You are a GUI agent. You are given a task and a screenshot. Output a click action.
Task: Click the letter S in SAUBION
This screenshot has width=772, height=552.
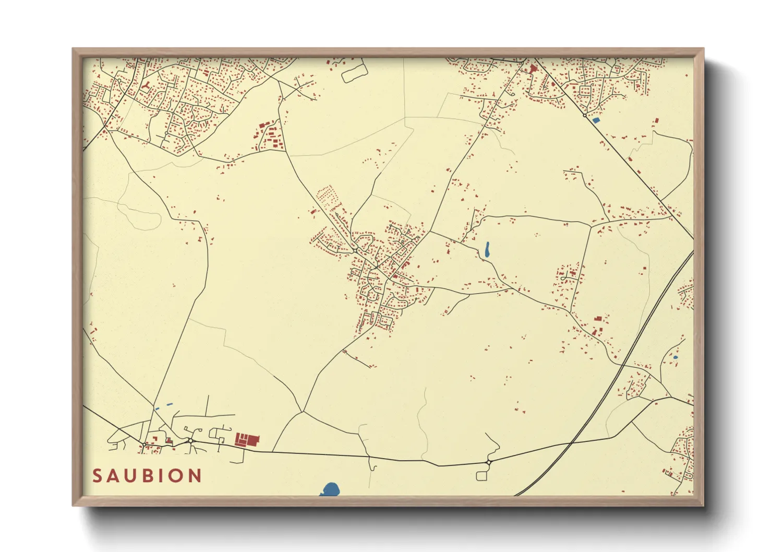pos(98,476)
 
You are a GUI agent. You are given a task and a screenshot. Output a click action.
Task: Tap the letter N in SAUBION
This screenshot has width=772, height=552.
pos(195,476)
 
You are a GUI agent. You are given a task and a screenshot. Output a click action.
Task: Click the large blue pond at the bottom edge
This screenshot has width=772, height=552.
pos(330,490)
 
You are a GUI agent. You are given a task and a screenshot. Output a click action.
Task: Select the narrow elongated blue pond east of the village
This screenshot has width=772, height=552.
pos(487,249)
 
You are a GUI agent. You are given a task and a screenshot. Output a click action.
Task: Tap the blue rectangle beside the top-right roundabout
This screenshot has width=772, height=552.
pos(596,120)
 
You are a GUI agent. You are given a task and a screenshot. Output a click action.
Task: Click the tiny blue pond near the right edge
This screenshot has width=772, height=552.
pos(675,357)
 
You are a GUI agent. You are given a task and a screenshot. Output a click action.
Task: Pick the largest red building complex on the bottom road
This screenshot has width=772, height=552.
pos(247,439)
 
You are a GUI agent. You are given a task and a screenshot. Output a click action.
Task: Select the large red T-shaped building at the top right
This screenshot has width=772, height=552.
pos(533,68)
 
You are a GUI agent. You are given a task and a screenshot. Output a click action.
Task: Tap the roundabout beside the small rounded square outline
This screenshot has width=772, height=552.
pos(488,462)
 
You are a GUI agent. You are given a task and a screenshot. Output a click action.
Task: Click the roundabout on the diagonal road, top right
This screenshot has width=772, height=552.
pos(585,115)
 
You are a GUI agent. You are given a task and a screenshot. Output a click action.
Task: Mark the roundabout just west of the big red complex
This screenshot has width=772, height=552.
pos(191,441)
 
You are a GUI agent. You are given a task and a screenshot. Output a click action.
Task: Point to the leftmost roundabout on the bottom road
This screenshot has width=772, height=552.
pos(144,444)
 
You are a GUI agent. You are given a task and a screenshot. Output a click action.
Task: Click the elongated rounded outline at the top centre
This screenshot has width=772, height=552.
pos(355,71)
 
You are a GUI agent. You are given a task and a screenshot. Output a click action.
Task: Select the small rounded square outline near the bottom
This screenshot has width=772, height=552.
pos(481,475)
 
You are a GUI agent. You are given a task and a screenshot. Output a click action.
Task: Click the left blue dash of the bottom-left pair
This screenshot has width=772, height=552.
pos(157,408)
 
